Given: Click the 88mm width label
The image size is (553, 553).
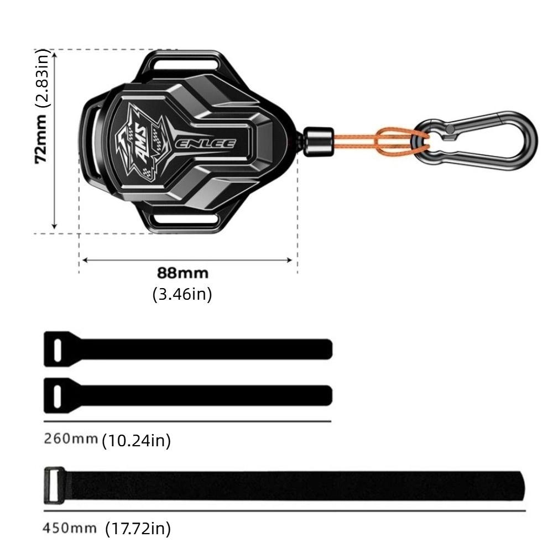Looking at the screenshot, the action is click(x=182, y=273).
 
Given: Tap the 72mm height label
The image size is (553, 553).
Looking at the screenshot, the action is click(x=41, y=139).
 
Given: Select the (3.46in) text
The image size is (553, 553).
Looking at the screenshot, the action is click(x=182, y=294).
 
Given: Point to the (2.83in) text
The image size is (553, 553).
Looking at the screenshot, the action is click(x=43, y=79).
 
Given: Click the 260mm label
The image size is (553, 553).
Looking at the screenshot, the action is click(x=71, y=439).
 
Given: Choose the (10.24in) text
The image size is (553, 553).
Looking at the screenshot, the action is click(x=137, y=441).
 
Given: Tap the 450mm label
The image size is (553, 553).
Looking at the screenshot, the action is click(x=70, y=528).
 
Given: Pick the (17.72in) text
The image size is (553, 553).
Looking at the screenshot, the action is click(x=138, y=528).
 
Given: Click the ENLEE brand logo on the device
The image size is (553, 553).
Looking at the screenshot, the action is click(x=206, y=144).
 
